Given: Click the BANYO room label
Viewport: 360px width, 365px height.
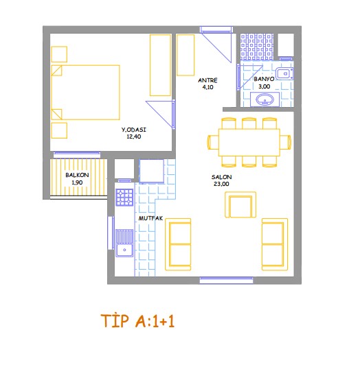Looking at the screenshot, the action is (x=264, y=79).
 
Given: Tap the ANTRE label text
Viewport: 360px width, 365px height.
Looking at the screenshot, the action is (x=207, y=80).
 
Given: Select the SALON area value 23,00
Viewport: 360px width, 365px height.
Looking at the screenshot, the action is (x=221, y=184).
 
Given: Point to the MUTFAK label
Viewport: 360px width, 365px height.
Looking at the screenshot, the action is (x=150, y=218).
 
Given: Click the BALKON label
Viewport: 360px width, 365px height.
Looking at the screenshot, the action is (x=77, y=175).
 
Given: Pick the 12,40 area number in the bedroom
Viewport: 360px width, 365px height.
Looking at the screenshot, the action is (x=133, y=137).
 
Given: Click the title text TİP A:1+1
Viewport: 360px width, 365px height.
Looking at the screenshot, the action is (x=137, y=321).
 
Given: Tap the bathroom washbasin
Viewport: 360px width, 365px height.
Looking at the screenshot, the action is (x=265, y=99).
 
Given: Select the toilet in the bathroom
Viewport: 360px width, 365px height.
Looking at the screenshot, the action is (x=284, y=73).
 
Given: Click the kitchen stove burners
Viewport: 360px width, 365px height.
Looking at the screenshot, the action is (x=125, y=198).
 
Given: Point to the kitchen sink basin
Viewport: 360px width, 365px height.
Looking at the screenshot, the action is (x=125, y=250).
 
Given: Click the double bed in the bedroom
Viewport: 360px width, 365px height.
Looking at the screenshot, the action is (x=85, y=93).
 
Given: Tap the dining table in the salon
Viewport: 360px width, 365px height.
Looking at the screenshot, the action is (x=249, y=142).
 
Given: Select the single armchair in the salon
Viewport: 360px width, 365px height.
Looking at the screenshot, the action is (x=240, y=205).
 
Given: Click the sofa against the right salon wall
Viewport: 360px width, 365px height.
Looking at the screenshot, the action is (x=274, y=244).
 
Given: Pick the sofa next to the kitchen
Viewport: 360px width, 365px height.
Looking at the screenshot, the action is (x=178, y=244).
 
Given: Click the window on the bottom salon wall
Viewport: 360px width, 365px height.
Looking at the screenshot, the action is (x=226, y=280).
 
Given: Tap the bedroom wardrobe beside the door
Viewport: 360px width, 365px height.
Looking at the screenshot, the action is (x=160, y=65).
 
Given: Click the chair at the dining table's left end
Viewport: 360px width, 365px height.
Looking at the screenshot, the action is (x=213, y=142).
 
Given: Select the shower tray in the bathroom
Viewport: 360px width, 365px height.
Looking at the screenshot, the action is (x=257, y=47).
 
